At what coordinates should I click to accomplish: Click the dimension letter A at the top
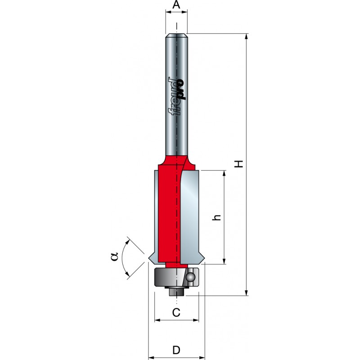point(176,4)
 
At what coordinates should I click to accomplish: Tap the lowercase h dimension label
point(216,217)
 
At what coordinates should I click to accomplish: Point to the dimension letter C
point(176,312)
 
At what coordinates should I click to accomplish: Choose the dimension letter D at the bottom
point(176,350)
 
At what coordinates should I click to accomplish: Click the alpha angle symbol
point(114,256)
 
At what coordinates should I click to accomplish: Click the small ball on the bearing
point(190,277)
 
